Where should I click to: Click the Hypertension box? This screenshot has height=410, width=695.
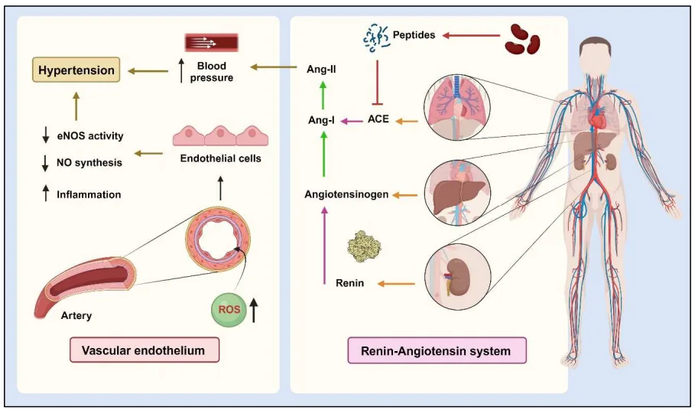point(76,70)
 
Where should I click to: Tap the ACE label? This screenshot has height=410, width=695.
point(378,120)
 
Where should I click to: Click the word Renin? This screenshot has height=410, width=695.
point(349,284)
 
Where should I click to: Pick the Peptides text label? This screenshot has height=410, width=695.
point(414,34)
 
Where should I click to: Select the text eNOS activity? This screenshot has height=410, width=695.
point(89,136)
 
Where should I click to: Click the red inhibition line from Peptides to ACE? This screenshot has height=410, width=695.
point(375,82)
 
